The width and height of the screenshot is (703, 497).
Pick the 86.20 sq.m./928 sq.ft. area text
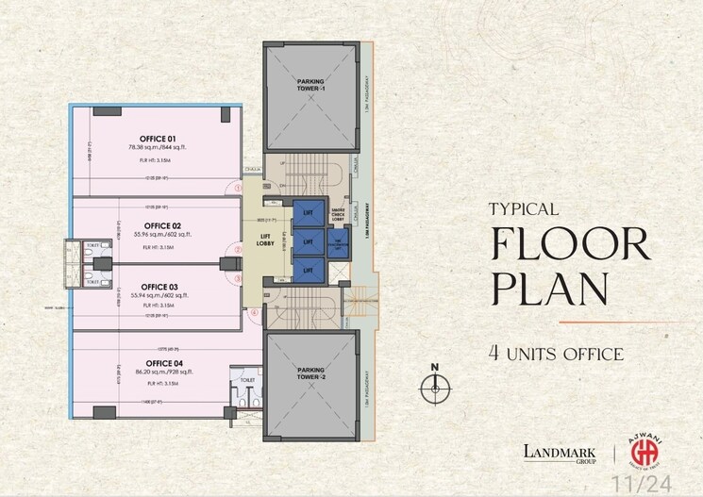148,373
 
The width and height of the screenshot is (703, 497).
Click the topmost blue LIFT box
307,214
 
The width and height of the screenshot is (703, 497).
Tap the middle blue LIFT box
307,242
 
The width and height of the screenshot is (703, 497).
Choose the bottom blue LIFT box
307,270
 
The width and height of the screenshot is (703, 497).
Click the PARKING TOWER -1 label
310,85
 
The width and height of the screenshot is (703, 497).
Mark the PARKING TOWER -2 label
310,373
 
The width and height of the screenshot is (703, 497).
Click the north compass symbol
434,384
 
